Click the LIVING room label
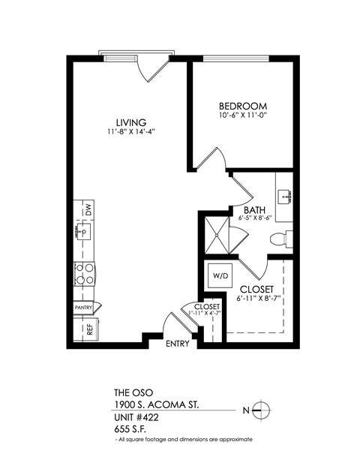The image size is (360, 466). pos(130,122)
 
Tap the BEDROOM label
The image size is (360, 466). pos(243,106)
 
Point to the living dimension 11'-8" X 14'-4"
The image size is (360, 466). pos(130,132)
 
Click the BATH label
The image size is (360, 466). pos(253,209)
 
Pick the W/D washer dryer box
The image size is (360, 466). pos(220,275)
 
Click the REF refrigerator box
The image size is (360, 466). pos(88,327)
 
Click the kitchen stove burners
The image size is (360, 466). pos(84,273)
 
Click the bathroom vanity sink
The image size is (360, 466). pos(284,197)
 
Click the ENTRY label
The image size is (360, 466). pos(178,344)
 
